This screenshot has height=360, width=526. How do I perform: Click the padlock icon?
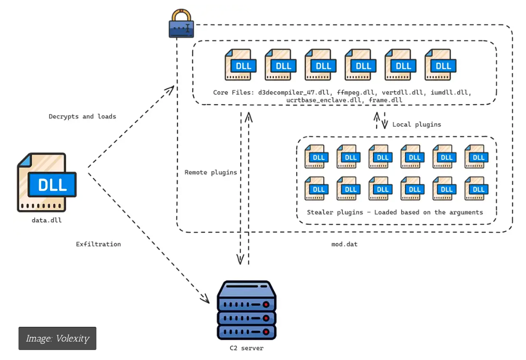(182, 23)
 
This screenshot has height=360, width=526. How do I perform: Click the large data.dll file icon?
(47, 183)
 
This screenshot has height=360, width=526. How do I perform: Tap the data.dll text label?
(47, 220)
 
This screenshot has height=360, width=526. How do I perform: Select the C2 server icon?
(246, 310)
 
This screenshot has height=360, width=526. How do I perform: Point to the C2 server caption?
(246, 348)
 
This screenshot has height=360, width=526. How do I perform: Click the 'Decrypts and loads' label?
(82, 116)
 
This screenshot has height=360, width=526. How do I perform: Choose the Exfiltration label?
(98, 244)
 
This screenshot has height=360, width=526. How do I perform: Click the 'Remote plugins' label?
(210, 172)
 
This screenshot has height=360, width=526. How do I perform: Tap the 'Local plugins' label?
(416, 124)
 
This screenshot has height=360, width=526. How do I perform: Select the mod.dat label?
(344, 244)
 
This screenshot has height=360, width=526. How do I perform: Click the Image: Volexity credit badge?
(57, 338)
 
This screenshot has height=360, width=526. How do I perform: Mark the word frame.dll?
(385, 100)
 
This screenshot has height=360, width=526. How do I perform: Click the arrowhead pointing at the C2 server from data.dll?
(206, 299)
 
